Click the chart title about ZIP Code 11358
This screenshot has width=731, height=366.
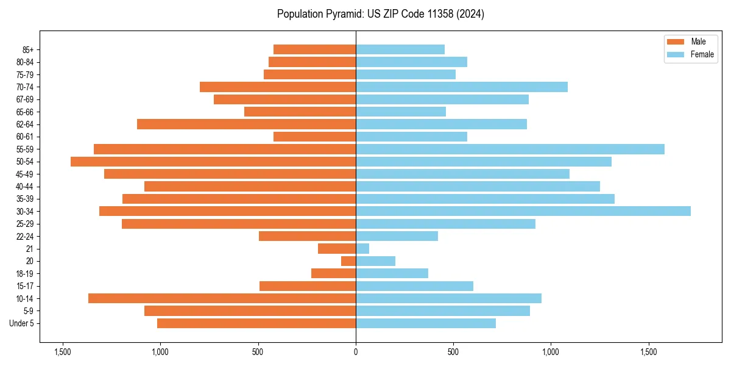click(x=380, y=14)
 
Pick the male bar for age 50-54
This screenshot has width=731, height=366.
click(x=213, y=162)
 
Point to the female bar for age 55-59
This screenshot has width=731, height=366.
click(x=510, y=149)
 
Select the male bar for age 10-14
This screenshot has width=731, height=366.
click(x=222, y=298)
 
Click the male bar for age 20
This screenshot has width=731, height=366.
click(x=348, y=261)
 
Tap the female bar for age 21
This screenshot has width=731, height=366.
click(x=362, y=248)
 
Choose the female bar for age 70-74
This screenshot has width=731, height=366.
click(x=462, y=87)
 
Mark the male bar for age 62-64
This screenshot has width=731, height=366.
click(x=246, y=124)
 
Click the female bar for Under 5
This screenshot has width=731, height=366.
click(x=426, y=323)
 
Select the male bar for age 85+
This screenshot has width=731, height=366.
click(x=314, y=49)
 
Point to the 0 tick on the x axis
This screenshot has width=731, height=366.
click(x=356, y=352)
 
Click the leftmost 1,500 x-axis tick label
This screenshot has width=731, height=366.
click(x=62, y=352)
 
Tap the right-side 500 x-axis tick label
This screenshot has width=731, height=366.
click(x=453, y=352)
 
